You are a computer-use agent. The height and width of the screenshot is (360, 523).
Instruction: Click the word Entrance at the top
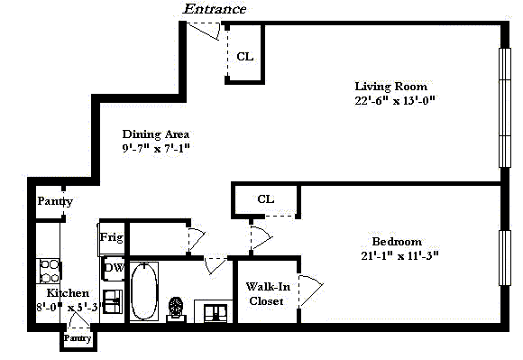pyautogui.click(x=215, y=9)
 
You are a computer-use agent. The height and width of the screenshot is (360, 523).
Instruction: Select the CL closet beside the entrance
pyautogui.click(x=245, y=56)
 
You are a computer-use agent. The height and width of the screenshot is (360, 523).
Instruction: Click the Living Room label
pyautogui.click(x=390, y=87)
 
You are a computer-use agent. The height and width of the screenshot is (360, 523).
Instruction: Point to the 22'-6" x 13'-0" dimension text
pyautogui.click(x=395, y=100)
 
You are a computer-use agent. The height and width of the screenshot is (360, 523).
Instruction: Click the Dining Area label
pyautogui.click(x=155, y=134)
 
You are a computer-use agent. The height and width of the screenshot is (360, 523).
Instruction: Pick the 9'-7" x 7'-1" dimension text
pyautogui.click(x=156, y=148)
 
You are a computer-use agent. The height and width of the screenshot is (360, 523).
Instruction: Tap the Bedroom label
pyautogui.click(x=397, y=241)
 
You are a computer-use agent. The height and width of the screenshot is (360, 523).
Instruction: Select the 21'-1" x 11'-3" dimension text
pyautogui.click(x=399, y=255)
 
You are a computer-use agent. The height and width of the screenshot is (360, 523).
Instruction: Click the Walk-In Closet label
pyautogui.click(x=268, y=293)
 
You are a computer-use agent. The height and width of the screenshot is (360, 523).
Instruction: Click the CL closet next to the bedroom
pyautogui.click(x=266, y=199)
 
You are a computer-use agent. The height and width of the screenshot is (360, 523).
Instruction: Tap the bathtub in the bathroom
pyautogui.click(x=143, y=291)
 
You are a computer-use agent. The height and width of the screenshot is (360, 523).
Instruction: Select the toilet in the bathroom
pyautogui.click(x=176, y=309)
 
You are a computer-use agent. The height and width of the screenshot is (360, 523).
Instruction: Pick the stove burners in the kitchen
pyautogui.click(x=50, y=272)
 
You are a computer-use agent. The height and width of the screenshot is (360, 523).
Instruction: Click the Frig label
pyautogui.click(x=112, y=237)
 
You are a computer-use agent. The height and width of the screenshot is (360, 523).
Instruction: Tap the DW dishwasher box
pyautogui.click(x=114, y=268)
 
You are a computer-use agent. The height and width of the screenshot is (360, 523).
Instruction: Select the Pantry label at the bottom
pyautogui.click(x=78, y=338)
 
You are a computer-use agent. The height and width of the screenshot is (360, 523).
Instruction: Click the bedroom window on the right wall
pyautogui.click(x=505, y=257)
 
